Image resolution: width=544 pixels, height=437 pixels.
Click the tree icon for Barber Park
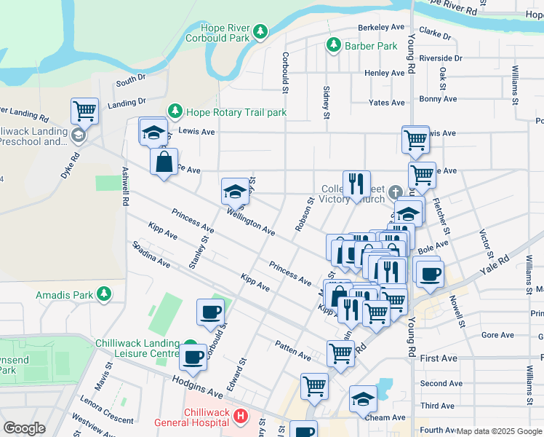click(x=334, y=46)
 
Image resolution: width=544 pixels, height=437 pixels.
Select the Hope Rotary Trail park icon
click(x=175, y=112)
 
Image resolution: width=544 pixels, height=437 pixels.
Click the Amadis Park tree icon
click(x=104, y=294)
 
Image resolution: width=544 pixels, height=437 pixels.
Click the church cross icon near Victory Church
click(x=395, y=193)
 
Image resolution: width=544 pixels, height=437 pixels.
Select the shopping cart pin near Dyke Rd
click(x=84, y=111)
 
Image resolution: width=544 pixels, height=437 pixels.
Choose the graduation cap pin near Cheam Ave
click(x=363, y=398)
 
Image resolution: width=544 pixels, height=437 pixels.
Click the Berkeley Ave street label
click(x=380, y=27)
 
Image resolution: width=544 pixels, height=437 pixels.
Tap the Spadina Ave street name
click(x=151, y=256)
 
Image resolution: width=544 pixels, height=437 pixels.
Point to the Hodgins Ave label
click(x=197, y=386)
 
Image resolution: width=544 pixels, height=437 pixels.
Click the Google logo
click(x=25, y=428)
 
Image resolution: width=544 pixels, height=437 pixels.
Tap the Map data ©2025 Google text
click(x=499, y=431)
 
